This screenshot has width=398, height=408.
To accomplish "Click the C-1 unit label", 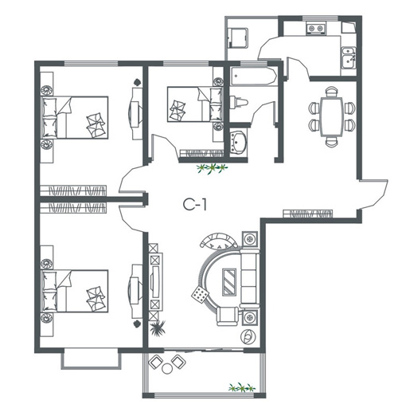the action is [195, 204].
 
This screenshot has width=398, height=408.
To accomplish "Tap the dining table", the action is [332, 117].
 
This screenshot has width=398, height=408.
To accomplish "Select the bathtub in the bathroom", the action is [253, 76].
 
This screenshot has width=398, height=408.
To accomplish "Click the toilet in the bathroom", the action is [238, 102].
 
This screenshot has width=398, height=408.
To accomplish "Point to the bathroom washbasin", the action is [238, 143].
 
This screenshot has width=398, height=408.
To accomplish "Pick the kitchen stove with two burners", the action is [316, 29].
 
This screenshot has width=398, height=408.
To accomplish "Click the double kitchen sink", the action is [349, 57].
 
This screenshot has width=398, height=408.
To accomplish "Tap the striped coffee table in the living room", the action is [229, 281].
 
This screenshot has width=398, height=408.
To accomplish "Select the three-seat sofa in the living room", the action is [249, 278].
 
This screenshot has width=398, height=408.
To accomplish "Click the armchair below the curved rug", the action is [228, 316].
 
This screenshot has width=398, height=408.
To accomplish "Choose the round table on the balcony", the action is [167, 368].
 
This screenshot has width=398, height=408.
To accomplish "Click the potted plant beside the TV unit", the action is [158, 328].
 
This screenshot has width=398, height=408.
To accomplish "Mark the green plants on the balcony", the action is [242, 387].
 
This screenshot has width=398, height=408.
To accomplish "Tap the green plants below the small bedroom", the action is [212, 168].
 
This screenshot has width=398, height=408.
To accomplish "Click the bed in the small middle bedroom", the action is [195, 104].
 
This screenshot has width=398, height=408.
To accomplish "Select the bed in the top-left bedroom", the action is [75, 117].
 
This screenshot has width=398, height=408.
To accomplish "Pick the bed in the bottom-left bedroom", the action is [75, 291].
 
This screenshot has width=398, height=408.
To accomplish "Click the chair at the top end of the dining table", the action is [332, 92].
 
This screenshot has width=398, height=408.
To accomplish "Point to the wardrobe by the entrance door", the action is [307, 214].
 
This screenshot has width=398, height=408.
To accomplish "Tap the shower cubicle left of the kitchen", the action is [238, 38].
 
